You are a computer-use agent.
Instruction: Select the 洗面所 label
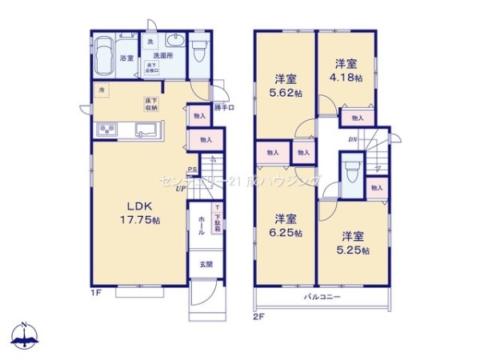tap(162, 57)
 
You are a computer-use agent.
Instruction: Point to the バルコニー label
tap(323, 298)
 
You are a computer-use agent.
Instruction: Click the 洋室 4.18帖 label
tap(346, 70)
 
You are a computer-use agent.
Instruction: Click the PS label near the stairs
tap(192, 170)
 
